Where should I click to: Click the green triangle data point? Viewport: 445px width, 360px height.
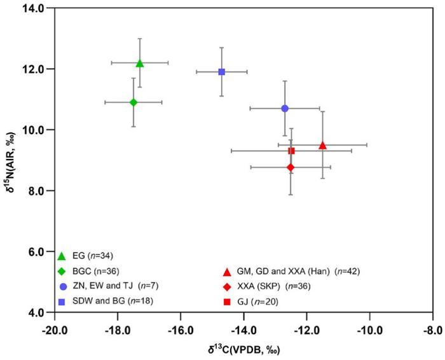coord(140,63)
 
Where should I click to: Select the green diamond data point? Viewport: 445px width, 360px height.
coord(133,102)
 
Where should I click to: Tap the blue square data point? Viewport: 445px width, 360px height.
coord(222,72)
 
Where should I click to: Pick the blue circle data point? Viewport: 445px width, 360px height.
coord(285,108)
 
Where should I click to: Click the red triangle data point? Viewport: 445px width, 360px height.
coord(322,145)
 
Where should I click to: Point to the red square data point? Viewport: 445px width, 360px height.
coord(291,151)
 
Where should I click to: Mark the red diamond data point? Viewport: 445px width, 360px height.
coord(291,167)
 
